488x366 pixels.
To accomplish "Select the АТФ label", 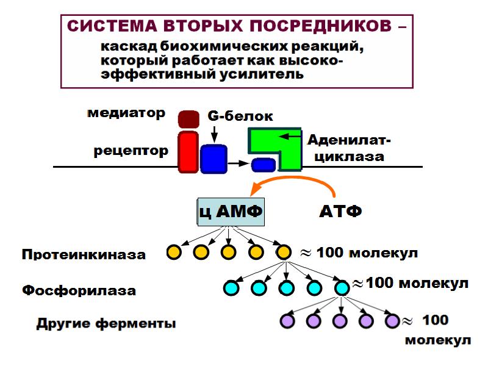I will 340,212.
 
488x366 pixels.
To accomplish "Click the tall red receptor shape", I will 188,151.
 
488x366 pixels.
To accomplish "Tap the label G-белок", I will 240,116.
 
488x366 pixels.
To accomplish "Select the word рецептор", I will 131,151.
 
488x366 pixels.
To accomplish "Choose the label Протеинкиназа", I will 84,254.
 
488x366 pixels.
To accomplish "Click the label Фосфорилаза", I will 79,290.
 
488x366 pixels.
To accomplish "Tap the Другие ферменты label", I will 106,323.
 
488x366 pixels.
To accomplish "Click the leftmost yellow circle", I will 174,252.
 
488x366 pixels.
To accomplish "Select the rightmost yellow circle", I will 282,252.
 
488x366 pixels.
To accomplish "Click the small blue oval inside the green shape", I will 264,164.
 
